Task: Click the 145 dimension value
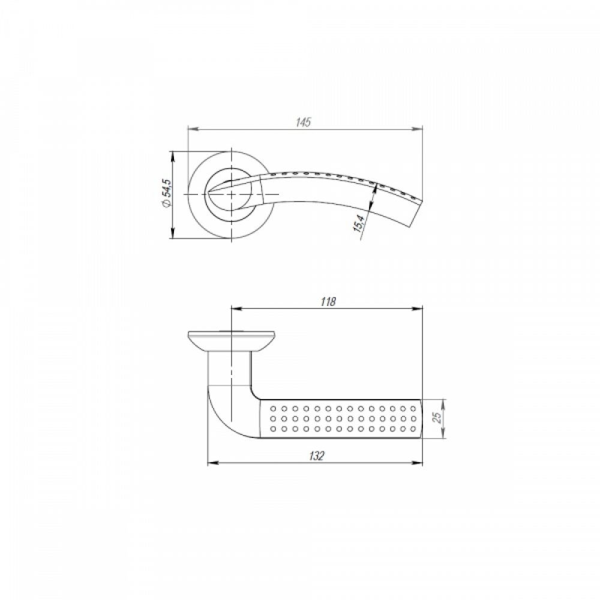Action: click(x=304, y=122)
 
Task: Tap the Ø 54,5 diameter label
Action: click(x=167, y=194)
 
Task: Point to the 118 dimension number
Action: click(x=328, y=302)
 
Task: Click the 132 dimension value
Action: click(x=316, y=456)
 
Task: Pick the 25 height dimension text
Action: click(x=438, y=417)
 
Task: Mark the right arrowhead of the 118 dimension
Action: click(x=418, y=309)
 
